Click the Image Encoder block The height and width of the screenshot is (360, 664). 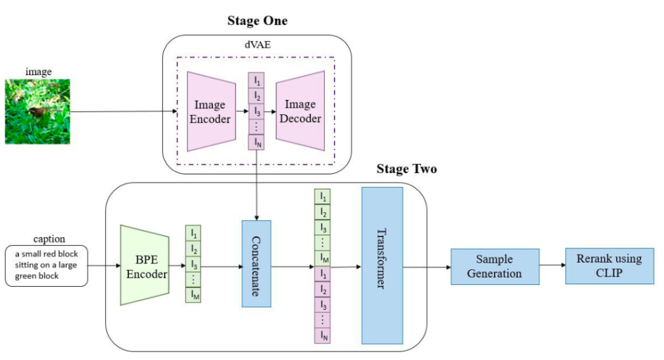(210, 111)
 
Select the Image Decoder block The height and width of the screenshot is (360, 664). (301, 111)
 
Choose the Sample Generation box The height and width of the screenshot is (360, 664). (495, 266)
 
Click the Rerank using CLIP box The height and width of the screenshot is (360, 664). (609, 266)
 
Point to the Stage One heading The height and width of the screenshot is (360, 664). (257, 21)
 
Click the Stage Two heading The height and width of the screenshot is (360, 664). (407, 169)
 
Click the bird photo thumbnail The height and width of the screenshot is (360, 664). (37, 111)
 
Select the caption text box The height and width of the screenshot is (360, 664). (46, 267)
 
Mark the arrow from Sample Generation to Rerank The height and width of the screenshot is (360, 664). (552, 266)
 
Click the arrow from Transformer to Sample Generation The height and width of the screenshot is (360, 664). (426, 266)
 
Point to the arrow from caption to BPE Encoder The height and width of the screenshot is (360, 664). (103, 266)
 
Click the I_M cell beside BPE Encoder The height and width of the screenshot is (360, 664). (195, 295)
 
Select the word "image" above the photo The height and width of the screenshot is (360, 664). (37, 71)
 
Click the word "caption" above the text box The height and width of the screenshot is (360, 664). (45, 239)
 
